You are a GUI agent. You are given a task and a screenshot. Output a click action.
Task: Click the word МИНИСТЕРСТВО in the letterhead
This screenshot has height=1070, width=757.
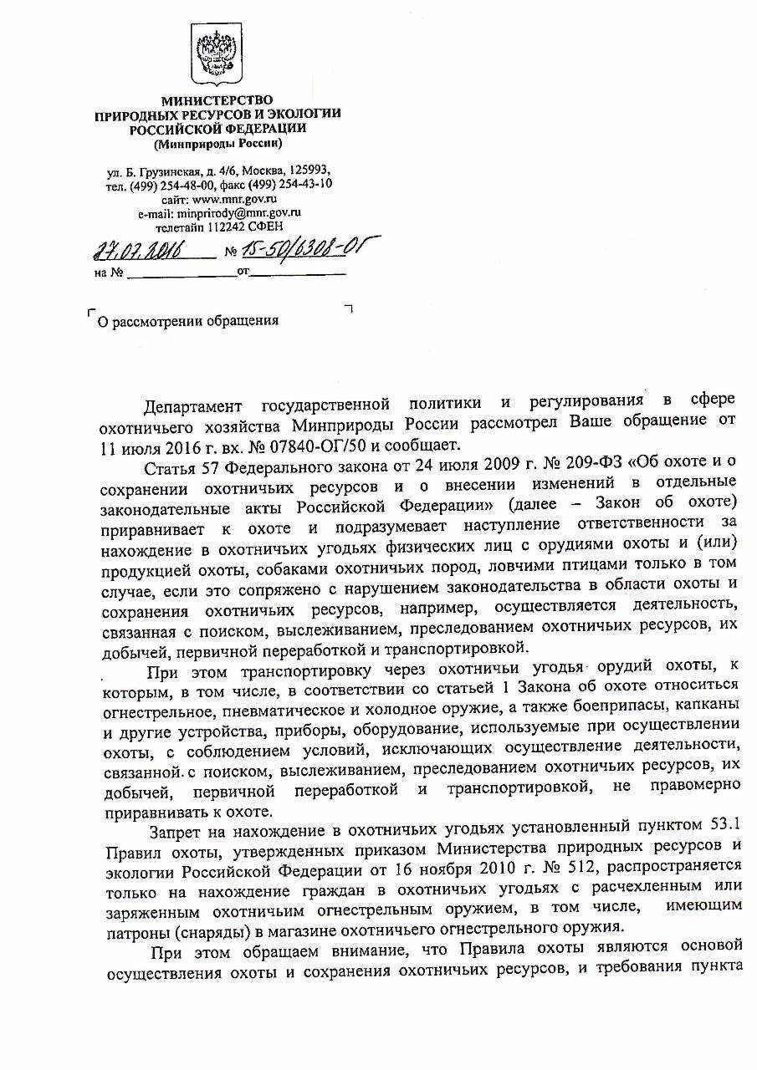(217, 102)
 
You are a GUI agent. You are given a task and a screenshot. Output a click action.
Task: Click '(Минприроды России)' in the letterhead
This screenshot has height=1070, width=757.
(217, 143)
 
